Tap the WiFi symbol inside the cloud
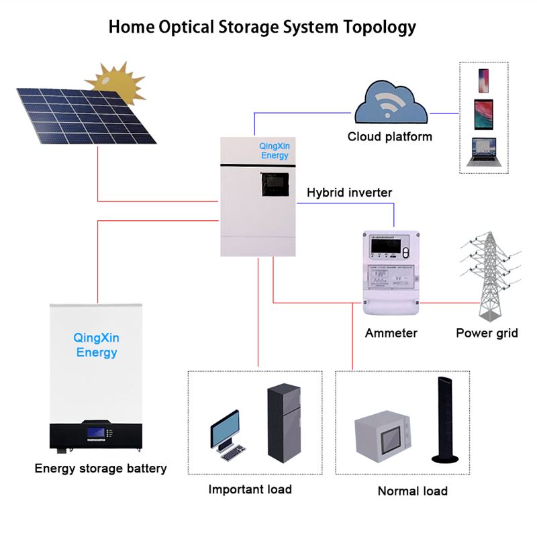[x=389, y=103]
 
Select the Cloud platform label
[x=389, y=137]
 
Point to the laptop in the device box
[x=483, y=152]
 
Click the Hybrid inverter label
[x=349, y=193]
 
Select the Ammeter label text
[x=391, y=333]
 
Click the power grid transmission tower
[x=490, y=275]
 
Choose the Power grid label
[x=487, y=333]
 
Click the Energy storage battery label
[x=101, y=469]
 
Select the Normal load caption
[x=412, y=491]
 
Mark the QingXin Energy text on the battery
[x=97, y=346]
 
